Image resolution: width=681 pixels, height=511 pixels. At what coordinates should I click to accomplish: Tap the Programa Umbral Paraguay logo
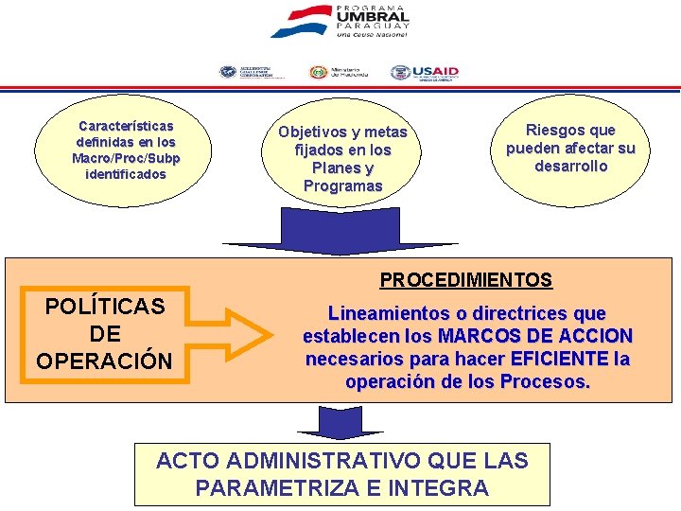[340, 21]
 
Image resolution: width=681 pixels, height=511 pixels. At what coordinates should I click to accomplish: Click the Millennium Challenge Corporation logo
[247, 72]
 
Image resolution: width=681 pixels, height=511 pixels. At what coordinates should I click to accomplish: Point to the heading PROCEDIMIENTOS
[465, 280]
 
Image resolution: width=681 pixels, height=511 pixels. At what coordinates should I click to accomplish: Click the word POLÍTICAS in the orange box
[105, 306]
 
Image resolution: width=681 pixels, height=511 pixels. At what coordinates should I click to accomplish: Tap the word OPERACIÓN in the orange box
[105, 361]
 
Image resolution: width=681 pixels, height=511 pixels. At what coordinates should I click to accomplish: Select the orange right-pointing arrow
[245, 334]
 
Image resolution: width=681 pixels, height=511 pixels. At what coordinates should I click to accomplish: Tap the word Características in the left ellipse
[126, 126]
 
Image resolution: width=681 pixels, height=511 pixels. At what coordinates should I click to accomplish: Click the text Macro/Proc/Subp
[126, 158]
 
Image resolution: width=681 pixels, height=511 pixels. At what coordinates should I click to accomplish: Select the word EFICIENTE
[558, 360]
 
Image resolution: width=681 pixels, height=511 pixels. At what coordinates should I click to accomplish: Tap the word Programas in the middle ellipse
[342, 185]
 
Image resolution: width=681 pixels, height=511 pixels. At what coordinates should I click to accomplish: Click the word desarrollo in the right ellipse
[570, 166]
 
